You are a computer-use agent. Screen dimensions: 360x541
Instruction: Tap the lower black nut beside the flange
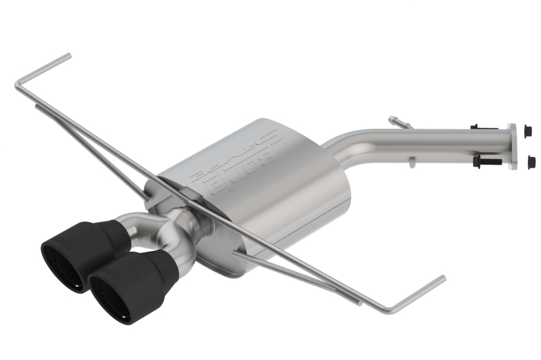pos(530,161)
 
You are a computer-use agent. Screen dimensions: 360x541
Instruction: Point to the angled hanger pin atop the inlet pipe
pos(400,122)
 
